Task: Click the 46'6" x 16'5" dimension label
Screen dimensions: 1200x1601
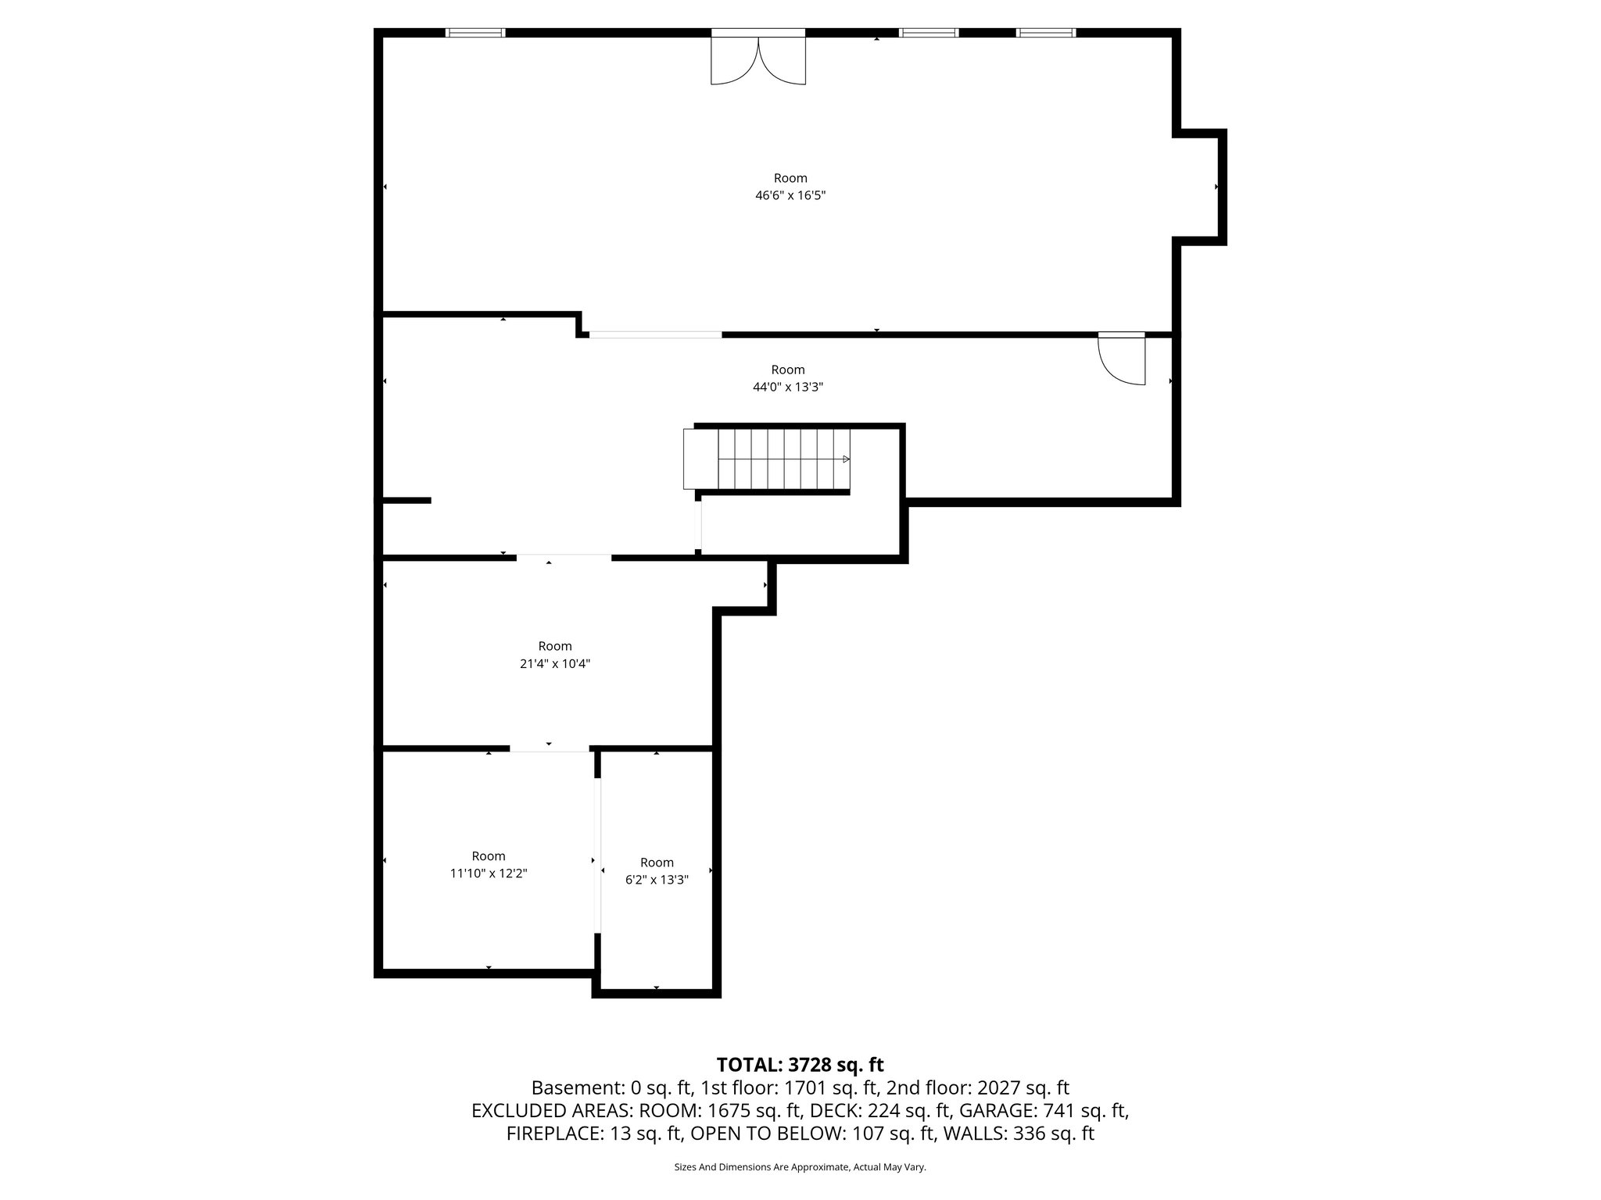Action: [x=790, y=196]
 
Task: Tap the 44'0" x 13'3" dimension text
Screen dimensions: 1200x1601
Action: [x=788, y=387]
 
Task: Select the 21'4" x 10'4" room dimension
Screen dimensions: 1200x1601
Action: [x=554, y=664]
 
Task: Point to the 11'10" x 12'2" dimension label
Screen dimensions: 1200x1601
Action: [x=489, y=873]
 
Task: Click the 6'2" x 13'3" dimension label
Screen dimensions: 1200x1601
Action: [x=657, y=880]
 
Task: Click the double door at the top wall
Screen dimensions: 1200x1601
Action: [x=758, y=59]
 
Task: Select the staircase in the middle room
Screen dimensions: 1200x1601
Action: [x=768, y=459]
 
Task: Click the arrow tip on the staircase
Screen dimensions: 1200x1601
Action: [x=847, y=459]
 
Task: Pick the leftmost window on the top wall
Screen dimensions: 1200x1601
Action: [x=475, y=33]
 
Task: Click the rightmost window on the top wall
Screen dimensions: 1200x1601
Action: [x=1046, y=33]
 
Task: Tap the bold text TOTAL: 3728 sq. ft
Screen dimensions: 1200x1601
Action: [x=800, y=1065]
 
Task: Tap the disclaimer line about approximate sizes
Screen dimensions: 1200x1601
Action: [x=800, y=1167]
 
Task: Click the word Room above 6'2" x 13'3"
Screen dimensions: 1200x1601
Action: [x=657, y=862]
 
